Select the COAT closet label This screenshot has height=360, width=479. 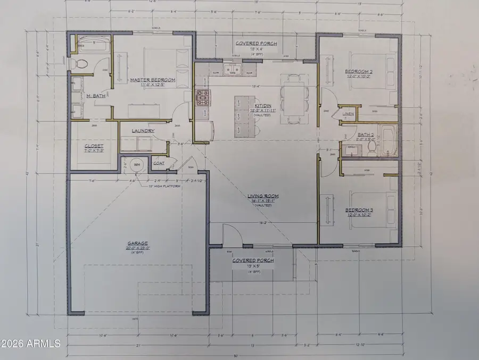[158, 164]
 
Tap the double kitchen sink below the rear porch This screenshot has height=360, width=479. [233, 70]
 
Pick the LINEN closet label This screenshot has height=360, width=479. [348, 114]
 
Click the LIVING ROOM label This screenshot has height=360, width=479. [263, 196]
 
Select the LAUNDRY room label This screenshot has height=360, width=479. [144, 131]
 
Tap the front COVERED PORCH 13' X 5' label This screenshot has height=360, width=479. [253, 261]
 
